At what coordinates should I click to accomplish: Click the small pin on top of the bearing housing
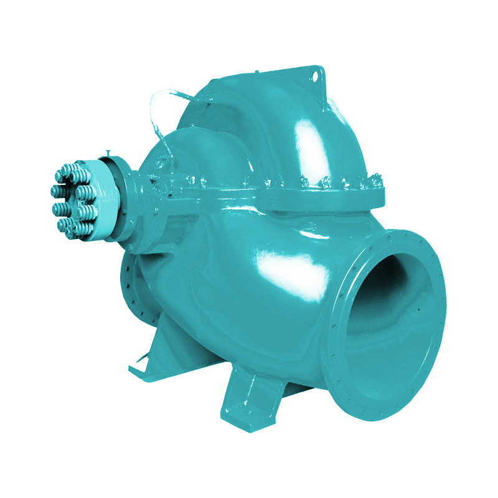pyautogui.click(x=108, y=151)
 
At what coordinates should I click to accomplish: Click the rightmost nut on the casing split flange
pyautogui.click(x=377, y=181)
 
